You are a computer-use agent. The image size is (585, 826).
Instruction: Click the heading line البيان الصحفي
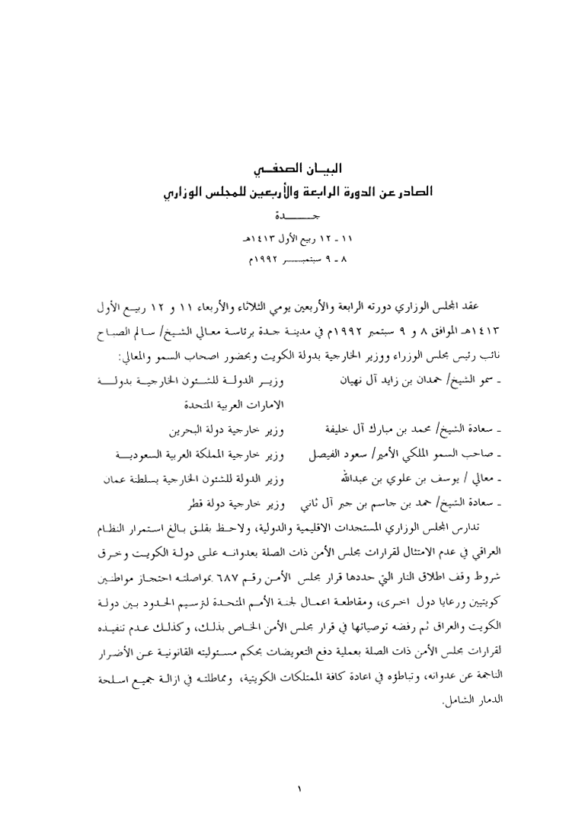(292, 167)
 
